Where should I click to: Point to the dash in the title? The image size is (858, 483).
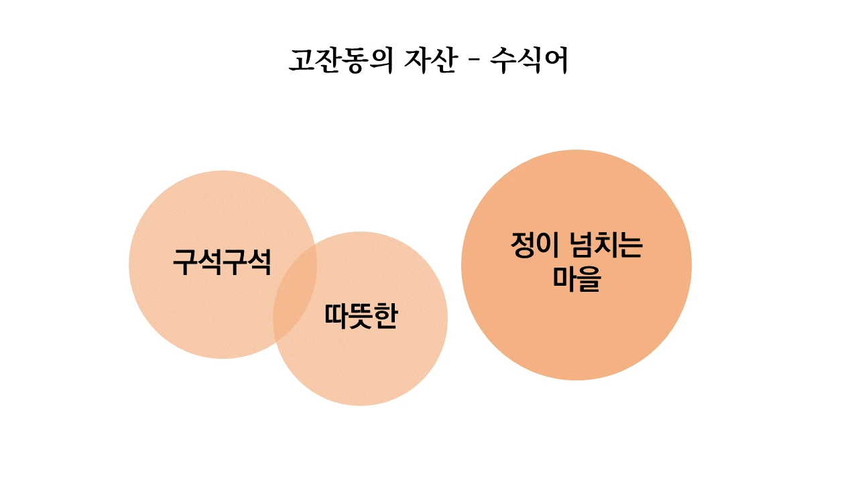click(x=473, y=62)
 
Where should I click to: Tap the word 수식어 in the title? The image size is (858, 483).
click(x=530, y=60)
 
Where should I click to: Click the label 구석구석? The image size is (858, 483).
click(x=222, y=262)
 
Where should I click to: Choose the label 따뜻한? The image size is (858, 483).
click(x=361, y=317)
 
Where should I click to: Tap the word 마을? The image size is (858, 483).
click(x=576, y=279)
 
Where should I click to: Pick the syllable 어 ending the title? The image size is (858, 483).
click(x=556, y=60)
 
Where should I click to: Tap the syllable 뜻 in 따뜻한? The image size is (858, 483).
click(x=361, y=317)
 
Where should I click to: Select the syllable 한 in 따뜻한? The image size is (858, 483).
click(x=385, y=317)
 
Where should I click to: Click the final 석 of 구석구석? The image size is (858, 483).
click(x=259, y=262)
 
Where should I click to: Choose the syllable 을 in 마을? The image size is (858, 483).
click(x=589, y=279)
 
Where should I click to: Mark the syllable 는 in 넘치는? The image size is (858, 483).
click(x=629, y=246)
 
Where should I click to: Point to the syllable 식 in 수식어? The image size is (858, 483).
click(x=530, y=60)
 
